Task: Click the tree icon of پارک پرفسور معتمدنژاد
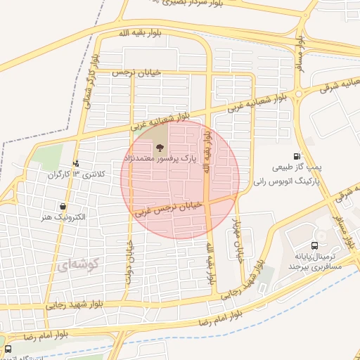160,148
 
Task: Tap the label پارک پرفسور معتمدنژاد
160,160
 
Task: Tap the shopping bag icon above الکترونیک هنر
64,207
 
